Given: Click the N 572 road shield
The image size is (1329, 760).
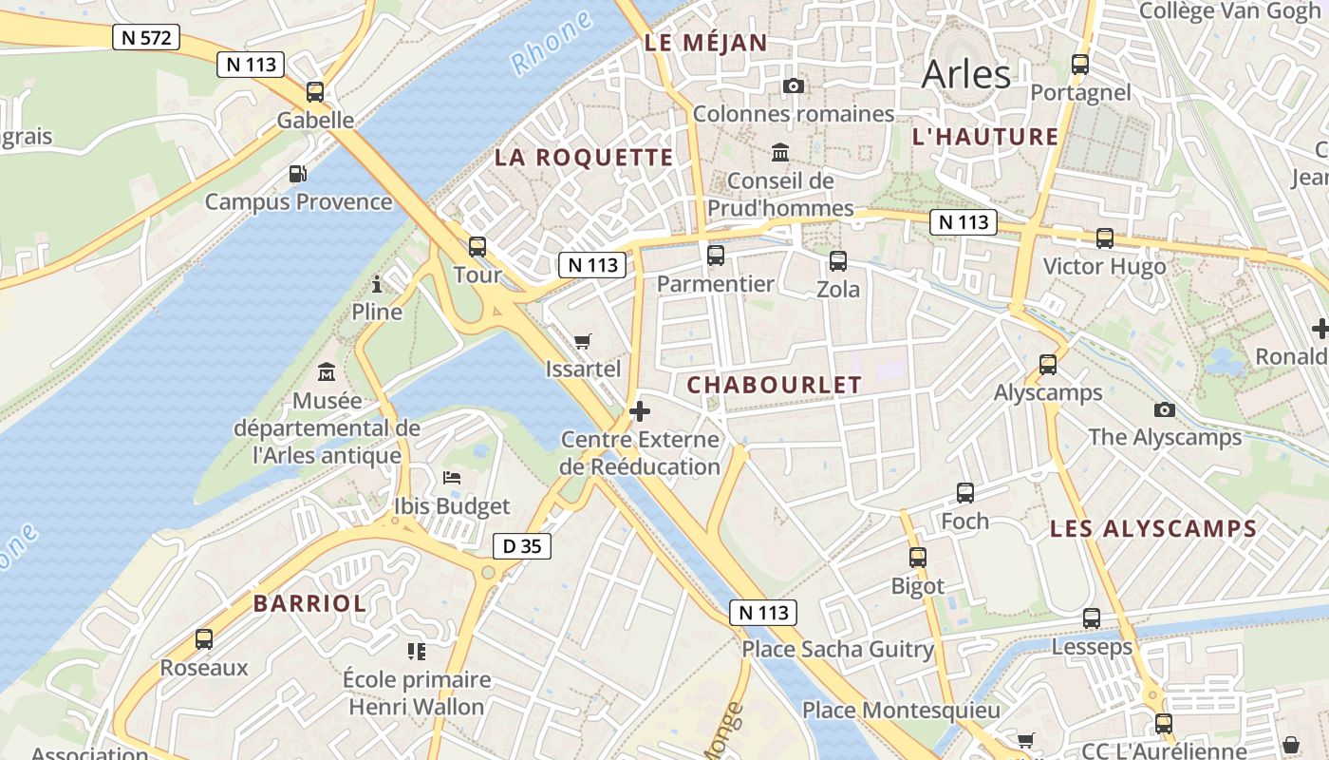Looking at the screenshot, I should coord(145,37).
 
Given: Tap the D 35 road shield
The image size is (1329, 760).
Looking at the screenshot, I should coord(521,546).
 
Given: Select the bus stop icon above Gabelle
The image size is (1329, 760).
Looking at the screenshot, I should coord(315,92).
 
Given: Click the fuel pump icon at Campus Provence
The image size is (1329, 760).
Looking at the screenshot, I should coord(298,174).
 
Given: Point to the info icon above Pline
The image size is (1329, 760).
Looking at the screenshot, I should coord(377,284).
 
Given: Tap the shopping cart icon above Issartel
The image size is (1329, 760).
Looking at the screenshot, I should coord(583,341).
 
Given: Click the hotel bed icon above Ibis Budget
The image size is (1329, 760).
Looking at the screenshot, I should coord(452,478).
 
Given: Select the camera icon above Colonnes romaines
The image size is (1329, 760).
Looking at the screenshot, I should coord(794,86).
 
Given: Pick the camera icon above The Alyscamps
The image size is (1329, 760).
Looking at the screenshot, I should coord(1164,409).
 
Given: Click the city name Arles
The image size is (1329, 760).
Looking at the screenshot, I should coord(965,74).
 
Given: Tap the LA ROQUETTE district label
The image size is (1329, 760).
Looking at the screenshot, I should coord(583,158).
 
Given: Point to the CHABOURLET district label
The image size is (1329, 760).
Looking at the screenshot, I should coord(774,385).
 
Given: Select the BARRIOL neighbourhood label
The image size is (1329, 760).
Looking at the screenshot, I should coord(309,603).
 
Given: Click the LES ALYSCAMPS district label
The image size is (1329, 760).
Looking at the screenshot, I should coord(1152,529).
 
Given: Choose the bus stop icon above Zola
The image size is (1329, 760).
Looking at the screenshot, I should coord(837,261).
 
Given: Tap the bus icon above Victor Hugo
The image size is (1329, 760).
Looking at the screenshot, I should coord(1104,238).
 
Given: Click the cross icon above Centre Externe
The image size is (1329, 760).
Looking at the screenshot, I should coord(640,411).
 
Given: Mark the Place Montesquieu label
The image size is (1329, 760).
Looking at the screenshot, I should coord(901,711).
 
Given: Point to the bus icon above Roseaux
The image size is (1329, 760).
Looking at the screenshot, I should coord(204,639).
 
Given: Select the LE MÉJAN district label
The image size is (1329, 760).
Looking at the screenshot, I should coord(705,43).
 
